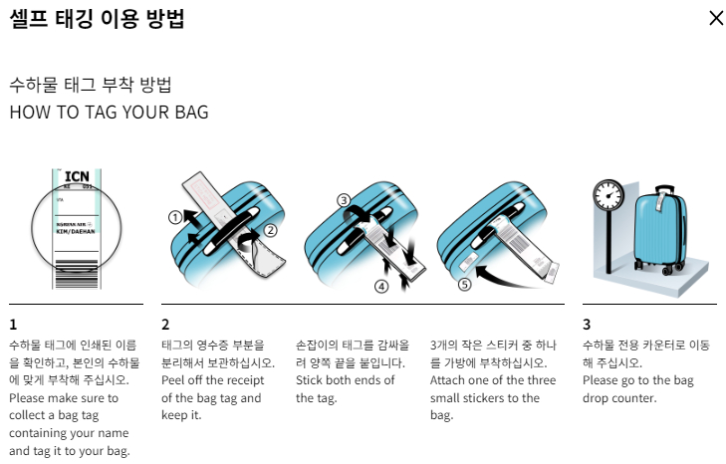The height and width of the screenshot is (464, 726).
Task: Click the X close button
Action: (x=715, y=18)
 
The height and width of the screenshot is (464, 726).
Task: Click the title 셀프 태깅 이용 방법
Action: (x=97, y=18)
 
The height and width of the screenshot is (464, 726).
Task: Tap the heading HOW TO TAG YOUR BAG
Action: (x=109, y=112)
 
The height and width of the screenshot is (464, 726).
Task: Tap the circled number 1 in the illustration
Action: (x=174, y=215)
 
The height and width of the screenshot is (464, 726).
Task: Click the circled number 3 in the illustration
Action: (x=345, y=200)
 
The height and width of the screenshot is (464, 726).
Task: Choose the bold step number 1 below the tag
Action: (x=13, y=324)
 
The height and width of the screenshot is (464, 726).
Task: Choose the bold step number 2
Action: (x=165, y=324)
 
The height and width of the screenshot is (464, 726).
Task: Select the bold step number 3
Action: (x=587, y=324)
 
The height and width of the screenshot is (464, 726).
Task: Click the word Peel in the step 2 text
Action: (x=175, y=379)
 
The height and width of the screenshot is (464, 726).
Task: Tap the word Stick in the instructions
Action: (x=312, y=379)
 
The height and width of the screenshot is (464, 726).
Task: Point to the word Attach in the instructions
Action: (x=450, y=379)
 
